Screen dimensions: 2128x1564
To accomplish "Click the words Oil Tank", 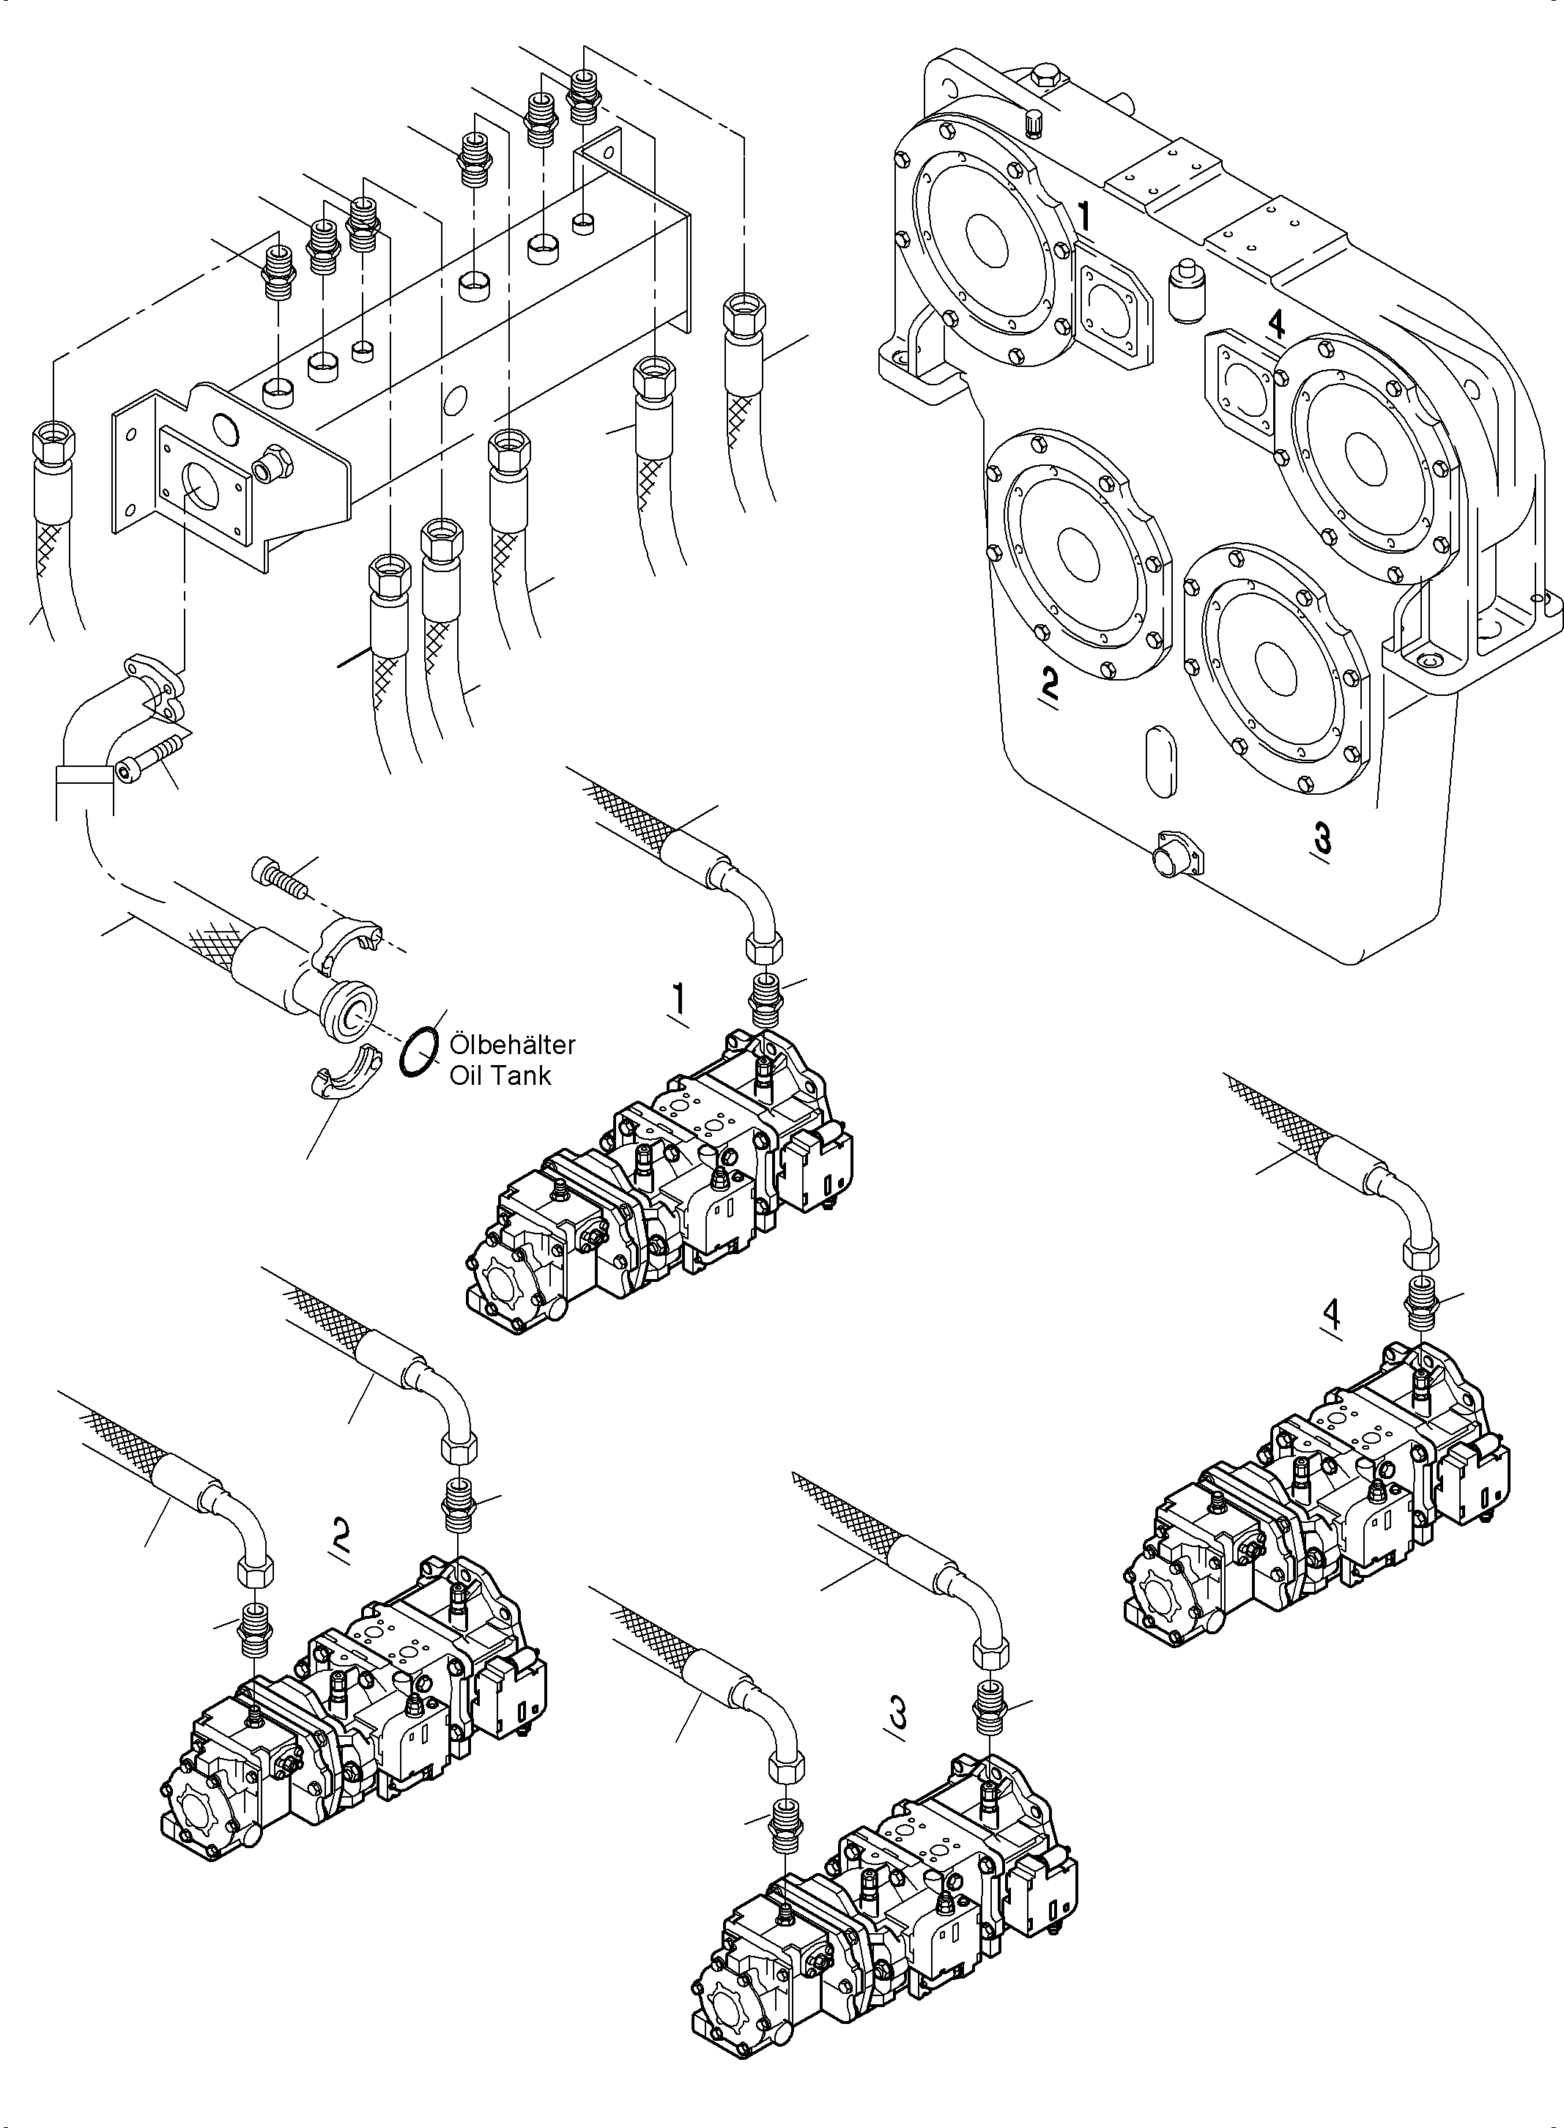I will coord(499,1075).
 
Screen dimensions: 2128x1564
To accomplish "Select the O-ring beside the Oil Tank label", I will coord(418,1053).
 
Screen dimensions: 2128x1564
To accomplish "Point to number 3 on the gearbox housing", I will coord(1322,838).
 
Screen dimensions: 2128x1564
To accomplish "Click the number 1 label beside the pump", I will coord(679,1001).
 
